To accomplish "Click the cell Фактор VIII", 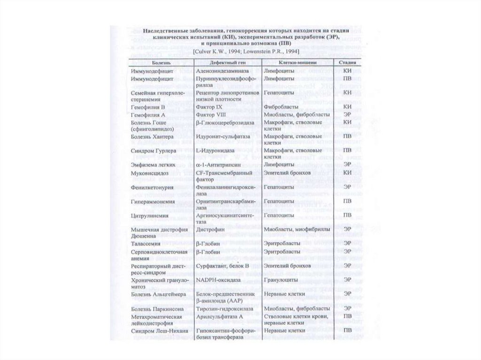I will pyautogui.click(x=210, y=115).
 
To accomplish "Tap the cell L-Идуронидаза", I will pyautogui.click(x=215, y=151).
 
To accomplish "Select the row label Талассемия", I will pyautogui.click(x=146, y=244).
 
